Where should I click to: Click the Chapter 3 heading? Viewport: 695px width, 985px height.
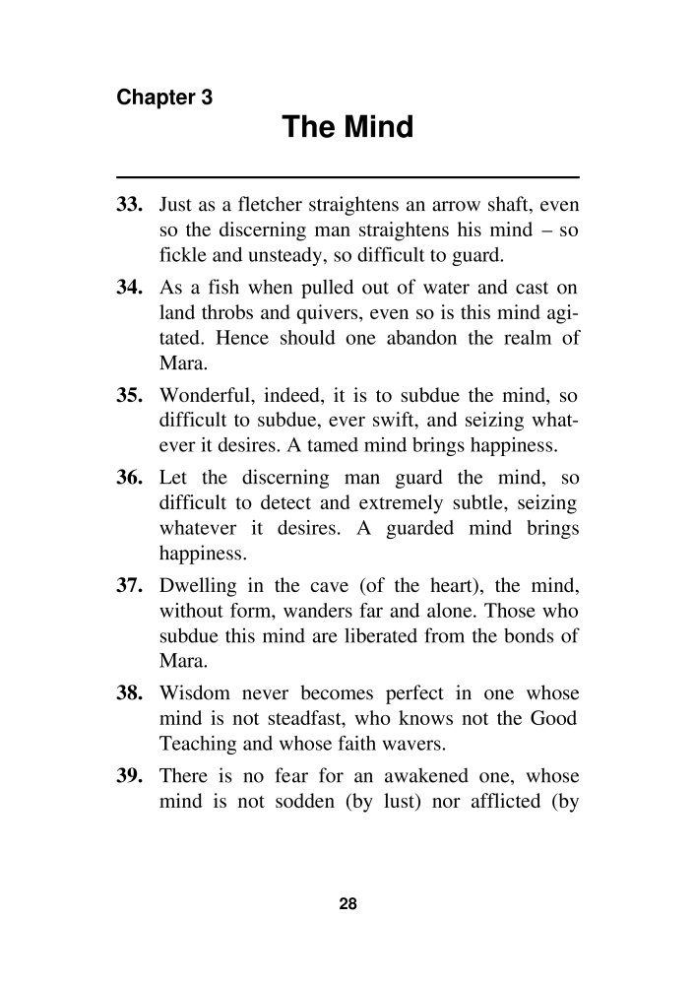point(164,98)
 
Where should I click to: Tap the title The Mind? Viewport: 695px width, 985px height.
point(347,128)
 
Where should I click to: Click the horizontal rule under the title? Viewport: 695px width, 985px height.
point(347,176)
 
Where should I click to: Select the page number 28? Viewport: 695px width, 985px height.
point(347,905)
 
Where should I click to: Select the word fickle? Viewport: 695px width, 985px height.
point(180,257)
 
